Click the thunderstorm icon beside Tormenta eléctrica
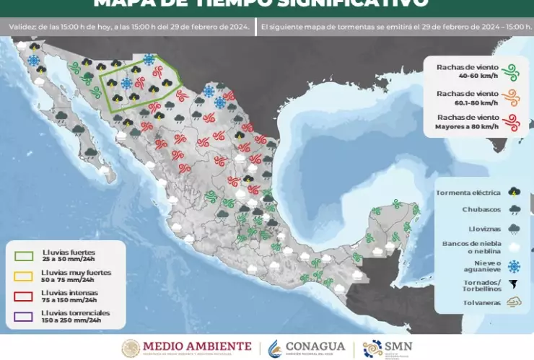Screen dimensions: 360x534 [514, 192]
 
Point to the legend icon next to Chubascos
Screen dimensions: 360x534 [514, 210]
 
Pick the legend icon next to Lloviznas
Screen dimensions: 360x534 [514, 228]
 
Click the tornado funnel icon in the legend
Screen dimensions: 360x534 [514, 284]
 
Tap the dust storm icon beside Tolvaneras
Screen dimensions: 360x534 [514, 303]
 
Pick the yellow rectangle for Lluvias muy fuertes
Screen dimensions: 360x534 [24, 276]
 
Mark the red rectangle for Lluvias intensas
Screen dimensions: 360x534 [24, 296]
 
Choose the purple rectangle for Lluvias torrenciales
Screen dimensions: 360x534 [24, 316]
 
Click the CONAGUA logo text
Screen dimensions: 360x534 [316, 347]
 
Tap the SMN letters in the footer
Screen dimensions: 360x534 [402, 346]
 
